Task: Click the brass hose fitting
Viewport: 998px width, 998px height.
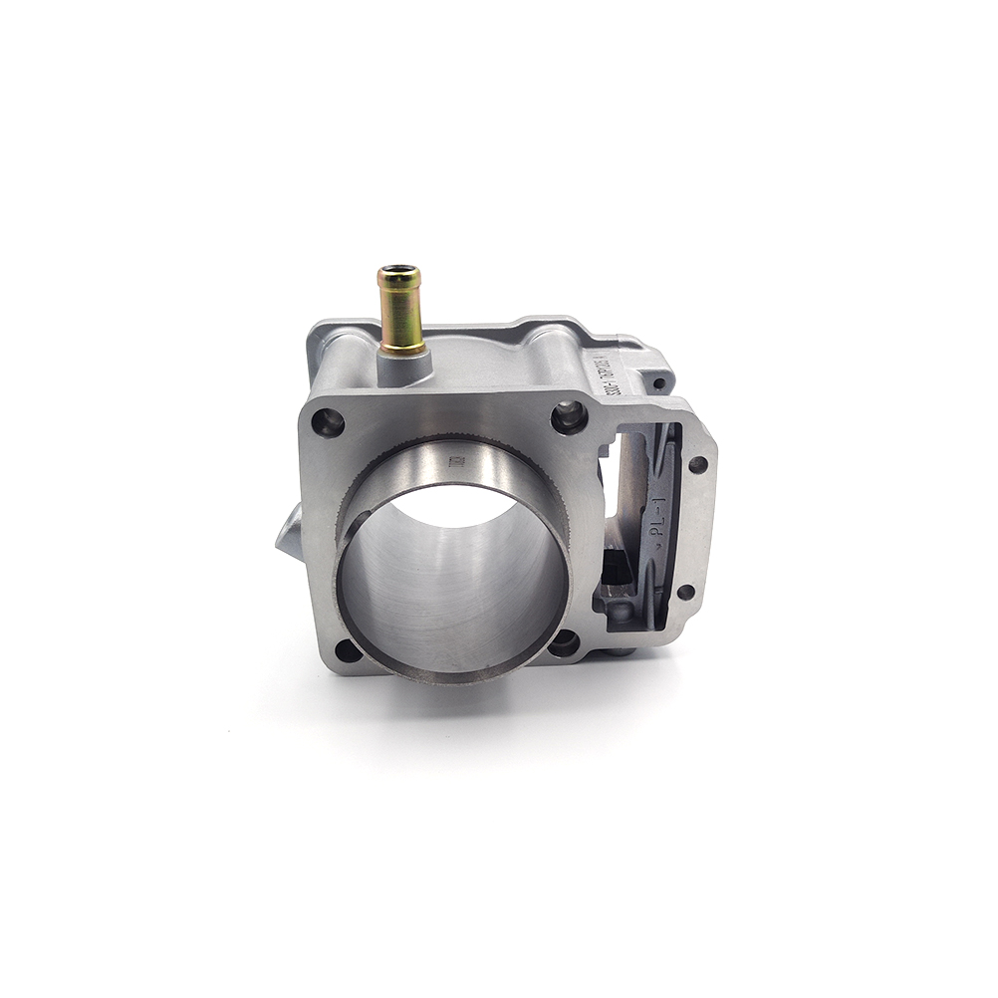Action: point(400,311)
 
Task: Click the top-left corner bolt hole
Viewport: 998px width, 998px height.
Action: point(328,423)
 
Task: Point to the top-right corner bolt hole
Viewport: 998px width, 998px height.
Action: point(570,415)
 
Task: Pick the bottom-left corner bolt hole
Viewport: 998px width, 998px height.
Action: point(348,652)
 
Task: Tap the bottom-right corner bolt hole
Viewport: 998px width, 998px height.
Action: point(564,643)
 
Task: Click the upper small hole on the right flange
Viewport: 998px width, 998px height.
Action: point(698,464)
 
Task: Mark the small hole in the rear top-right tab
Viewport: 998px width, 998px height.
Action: point(659,382)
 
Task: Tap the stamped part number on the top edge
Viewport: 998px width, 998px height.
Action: point(609,380)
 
